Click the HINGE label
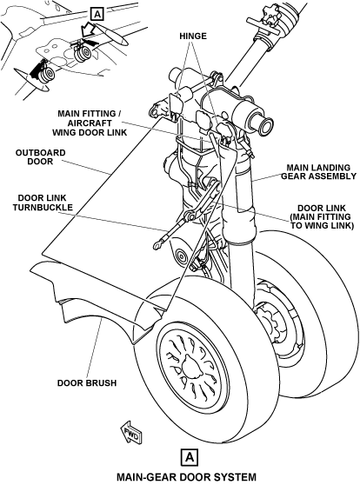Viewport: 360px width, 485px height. point(193,37)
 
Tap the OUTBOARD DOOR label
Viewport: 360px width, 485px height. point(41,157)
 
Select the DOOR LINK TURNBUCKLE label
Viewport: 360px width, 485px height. point(43,203)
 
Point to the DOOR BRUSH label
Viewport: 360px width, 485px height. point(87,383)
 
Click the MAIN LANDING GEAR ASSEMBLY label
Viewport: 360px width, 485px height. point(318,172)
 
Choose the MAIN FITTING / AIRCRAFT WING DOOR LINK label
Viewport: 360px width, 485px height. point(90,123)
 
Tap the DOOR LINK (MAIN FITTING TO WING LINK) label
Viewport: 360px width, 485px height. point(322,216)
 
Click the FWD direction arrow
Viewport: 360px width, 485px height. point(131,432)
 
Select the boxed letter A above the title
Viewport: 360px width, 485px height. point(190,457)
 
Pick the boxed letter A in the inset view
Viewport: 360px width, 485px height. point(97,14)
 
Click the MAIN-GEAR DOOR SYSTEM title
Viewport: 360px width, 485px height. point(186,476)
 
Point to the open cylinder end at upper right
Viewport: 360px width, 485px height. point(266,125)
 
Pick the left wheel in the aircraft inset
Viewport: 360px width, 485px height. point(46,75)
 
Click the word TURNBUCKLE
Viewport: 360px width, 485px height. point(43,207)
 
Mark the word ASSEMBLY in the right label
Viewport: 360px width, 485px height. point(336,176)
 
